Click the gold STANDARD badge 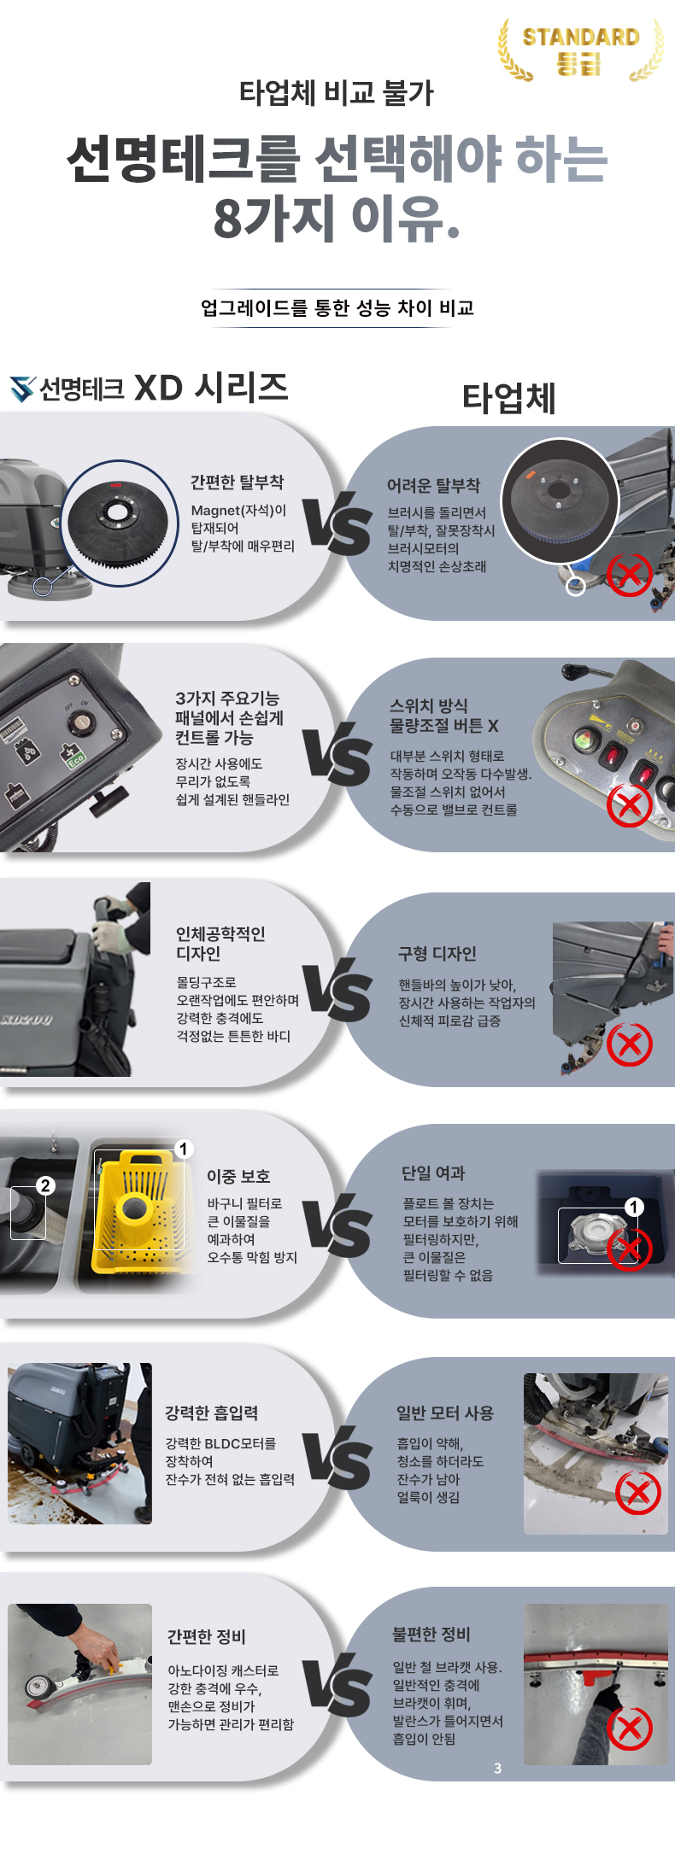(581, 50)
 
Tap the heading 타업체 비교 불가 (337, 93)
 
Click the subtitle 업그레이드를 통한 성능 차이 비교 (337, 308)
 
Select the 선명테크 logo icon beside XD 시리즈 (23, 389)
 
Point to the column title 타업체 (509, 398)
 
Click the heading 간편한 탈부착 (237, 483)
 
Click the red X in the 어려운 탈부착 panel (629, 574)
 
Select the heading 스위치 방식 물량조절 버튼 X (444, 716)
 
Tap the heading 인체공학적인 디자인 (220, 944)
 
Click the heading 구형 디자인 (437, 954)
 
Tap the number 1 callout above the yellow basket (183, 1149)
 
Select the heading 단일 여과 (433, 1173)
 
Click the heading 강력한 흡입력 (212, 1413)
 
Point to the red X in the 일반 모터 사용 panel (638, 1493)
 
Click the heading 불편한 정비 (431, 1634)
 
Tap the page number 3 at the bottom (498, 1768)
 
